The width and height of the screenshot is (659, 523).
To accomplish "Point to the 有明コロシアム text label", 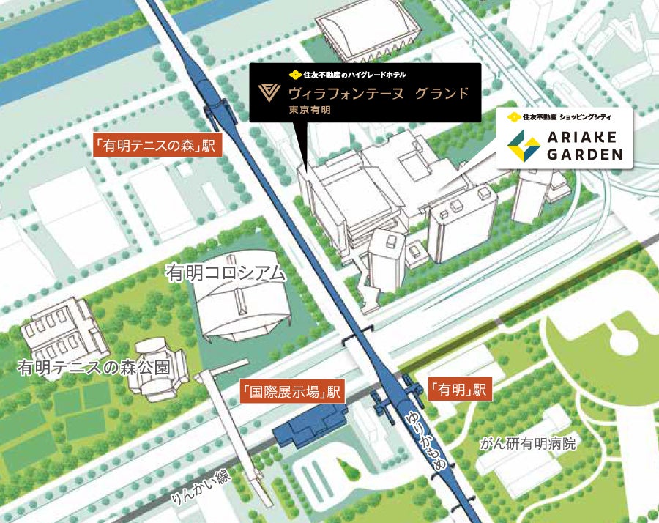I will [226, 274].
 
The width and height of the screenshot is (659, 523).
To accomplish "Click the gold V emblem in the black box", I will [269, 94].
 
